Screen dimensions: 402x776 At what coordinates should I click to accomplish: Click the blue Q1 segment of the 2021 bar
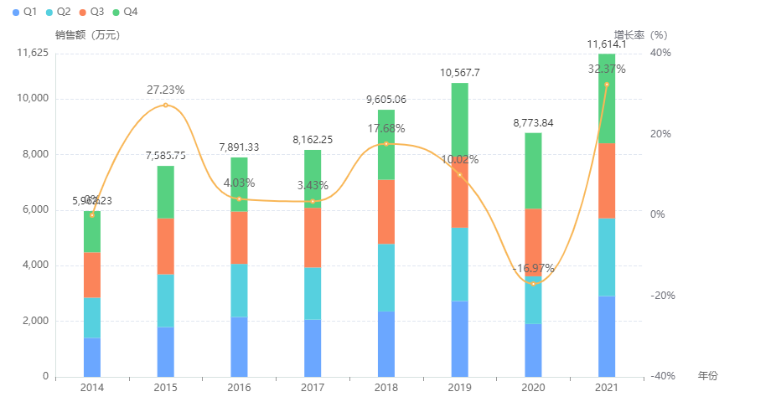pos(607,336)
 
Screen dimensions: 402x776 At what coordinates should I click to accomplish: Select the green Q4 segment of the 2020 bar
pos(533,171)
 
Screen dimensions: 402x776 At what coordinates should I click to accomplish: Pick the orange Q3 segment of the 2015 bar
pos(165,246)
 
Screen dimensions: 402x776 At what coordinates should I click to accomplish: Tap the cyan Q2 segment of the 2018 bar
pos(386,277)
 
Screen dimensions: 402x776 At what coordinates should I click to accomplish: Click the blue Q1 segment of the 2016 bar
pos(239,347)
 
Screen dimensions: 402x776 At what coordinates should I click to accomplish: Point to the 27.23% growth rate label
pos(165,90)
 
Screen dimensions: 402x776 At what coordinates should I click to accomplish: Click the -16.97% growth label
pos(533,269)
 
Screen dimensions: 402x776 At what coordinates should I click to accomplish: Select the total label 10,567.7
pos(459,73)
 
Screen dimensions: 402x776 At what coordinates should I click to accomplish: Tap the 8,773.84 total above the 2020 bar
pos(533,123)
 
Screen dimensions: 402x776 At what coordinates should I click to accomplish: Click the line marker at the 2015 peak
pos(165,105)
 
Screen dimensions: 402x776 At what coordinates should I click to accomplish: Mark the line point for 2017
pos(313,201)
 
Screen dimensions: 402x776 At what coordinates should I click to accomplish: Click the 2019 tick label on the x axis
pos(459,388)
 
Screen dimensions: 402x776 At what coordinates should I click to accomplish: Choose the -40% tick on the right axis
pos(662,376)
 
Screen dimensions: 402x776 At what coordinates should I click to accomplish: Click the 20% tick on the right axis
pos(660,133)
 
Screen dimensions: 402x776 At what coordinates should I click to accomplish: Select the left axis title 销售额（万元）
pos(87,35)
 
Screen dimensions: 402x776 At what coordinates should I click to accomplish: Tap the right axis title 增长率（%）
pos(639,35)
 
